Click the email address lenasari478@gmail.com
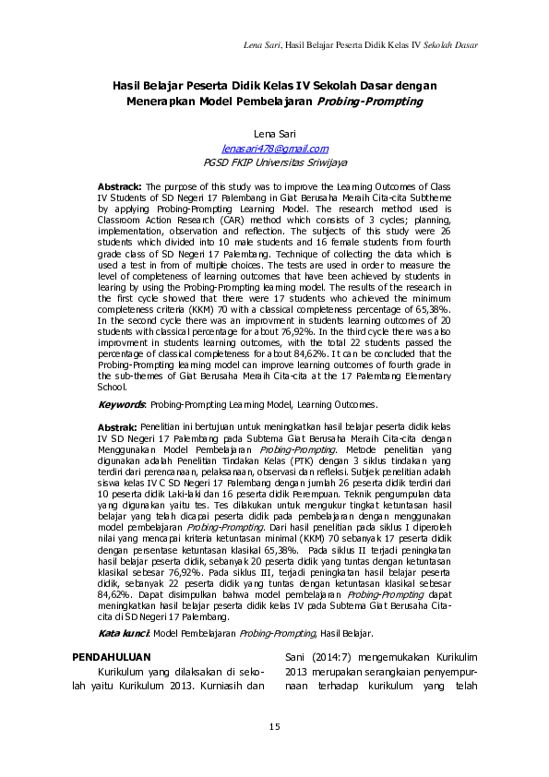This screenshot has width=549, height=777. [x=274, y=148]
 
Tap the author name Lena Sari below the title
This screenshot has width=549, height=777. [x=274, y=136]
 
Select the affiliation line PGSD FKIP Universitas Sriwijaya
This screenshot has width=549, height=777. [x=274, y=160]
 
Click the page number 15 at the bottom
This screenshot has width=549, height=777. [x=274, y=729]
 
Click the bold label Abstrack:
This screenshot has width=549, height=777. [x=120, y=185]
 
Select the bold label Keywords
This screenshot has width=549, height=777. [x=122, y=404]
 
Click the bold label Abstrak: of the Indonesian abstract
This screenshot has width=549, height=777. [x=118, y=427]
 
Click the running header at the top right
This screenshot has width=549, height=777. [x=360, y=44]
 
